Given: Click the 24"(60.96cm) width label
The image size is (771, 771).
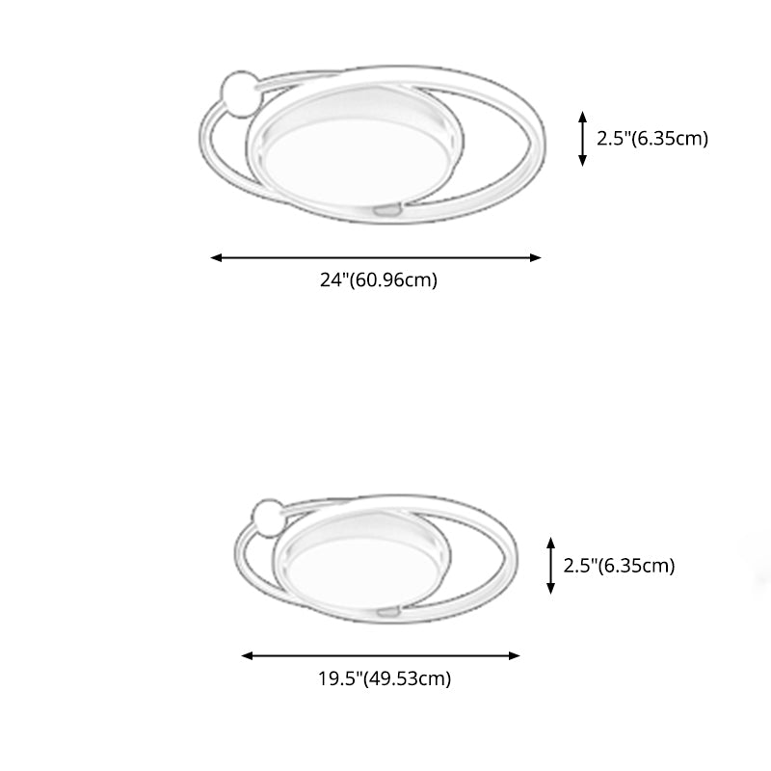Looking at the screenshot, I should tap(378, 281).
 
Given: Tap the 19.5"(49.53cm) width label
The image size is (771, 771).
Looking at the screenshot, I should tap(385, 678).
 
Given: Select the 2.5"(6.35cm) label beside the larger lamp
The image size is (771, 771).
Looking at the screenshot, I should tap(652, 138).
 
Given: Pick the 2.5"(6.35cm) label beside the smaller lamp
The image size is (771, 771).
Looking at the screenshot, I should tap(618, 566).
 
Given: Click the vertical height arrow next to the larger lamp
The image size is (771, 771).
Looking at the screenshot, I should tap(582, 139).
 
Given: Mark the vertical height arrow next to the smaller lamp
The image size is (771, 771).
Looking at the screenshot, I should tap(550, 566).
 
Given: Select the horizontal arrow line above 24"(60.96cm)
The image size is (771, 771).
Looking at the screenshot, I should tap(376, 257).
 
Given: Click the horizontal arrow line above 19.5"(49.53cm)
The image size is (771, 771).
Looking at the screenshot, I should tap(381, 655).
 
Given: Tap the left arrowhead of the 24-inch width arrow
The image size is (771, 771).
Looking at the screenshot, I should tap(216, 257).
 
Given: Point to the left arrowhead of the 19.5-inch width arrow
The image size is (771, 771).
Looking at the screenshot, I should tap(246, 655).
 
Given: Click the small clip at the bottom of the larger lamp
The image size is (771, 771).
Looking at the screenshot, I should tap(386, 208).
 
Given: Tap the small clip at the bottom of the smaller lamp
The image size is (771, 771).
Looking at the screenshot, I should tap(390, 611).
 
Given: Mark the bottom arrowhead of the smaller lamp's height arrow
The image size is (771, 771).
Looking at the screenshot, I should tap(550, 588).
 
